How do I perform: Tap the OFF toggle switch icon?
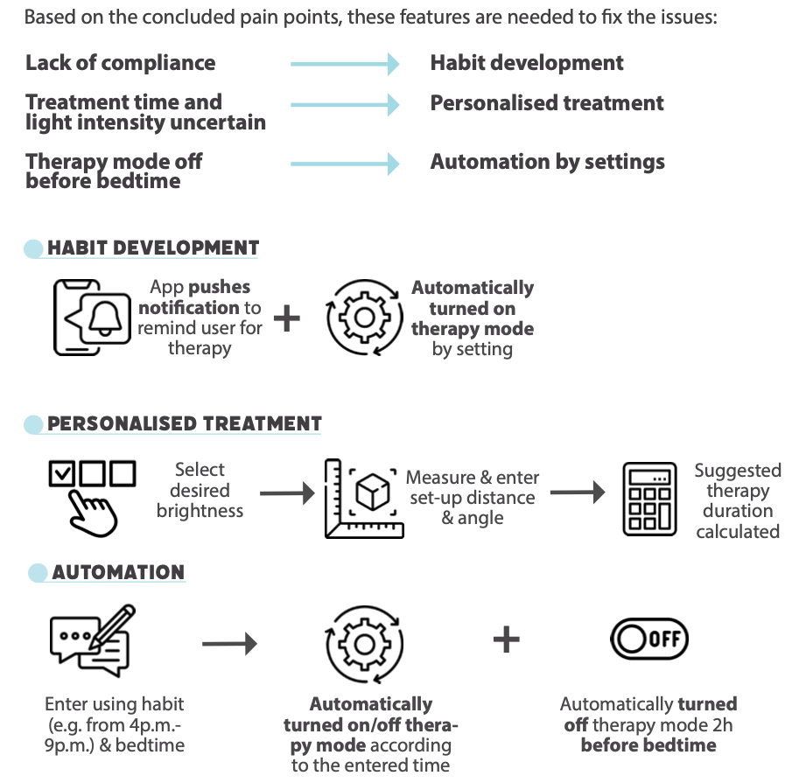tap(648, 639)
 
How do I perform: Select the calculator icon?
tap(648, 498)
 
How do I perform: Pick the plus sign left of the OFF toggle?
tap(506, 640)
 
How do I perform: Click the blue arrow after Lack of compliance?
tap(345, 63)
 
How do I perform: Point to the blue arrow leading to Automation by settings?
tap(345, 164)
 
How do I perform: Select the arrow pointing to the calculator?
tap(578, 493)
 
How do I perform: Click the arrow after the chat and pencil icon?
tap(229, 645)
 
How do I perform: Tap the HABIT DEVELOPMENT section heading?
tap(153, 248)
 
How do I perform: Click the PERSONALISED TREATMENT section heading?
tap(185, 424)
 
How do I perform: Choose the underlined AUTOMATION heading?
tap(118, 573)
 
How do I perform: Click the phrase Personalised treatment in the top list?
tap(546, 103)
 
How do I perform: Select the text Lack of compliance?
tap(120, 63)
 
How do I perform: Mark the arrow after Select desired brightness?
tap(287, 494)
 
